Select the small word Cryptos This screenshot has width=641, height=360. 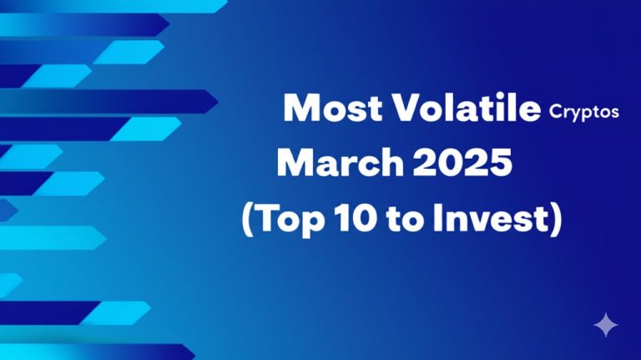coord(584,112)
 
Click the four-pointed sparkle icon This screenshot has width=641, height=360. coord(605,325)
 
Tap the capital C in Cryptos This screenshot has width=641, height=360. coord(556,111)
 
